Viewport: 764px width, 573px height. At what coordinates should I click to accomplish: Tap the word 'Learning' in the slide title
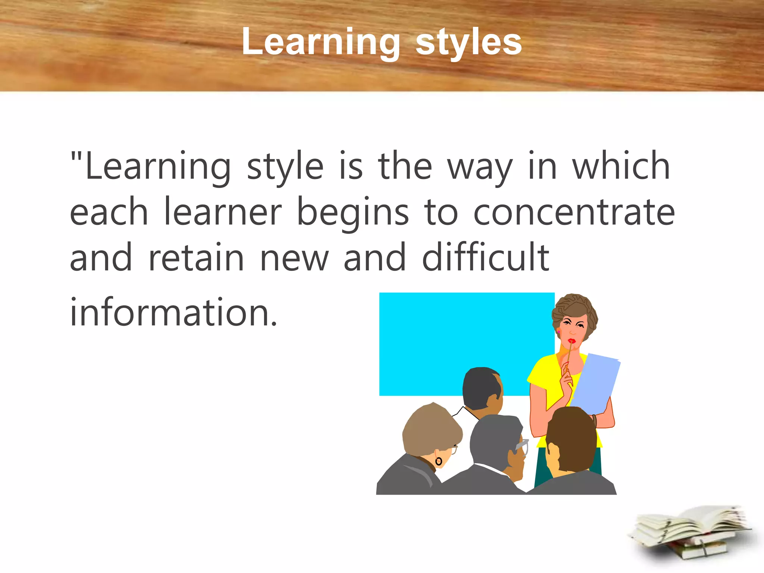[321, 42]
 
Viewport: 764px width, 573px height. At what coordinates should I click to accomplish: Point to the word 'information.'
[173, 312]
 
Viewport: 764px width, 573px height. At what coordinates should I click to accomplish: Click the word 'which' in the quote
[621, 167]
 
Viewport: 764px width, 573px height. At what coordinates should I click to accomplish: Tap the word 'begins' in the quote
[353, 213]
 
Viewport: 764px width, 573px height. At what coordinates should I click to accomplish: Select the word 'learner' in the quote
[223, 213]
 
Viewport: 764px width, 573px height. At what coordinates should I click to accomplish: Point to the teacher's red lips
[572, 341]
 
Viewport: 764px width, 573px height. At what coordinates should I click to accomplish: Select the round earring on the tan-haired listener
[439, 461]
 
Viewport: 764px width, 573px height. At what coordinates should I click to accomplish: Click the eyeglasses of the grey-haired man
[522, 446]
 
